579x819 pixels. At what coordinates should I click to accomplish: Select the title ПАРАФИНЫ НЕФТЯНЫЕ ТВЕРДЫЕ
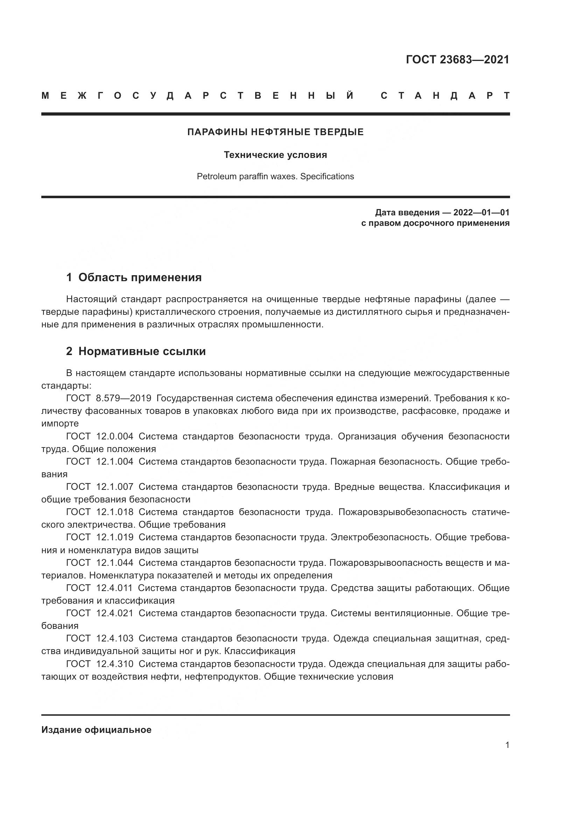[x=275, y=132]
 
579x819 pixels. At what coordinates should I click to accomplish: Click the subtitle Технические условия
[x=275, y=155]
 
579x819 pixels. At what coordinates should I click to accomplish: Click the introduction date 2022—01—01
[x=481, y=213]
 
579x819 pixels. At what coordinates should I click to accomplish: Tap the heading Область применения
[x=140, y=278]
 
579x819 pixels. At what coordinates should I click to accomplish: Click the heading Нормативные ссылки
[x=142, y=352]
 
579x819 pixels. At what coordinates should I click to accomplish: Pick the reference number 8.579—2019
[x=124, y=398]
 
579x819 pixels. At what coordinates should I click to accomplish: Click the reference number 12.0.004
[x=115, y=436]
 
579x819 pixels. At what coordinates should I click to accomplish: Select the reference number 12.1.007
[x=115, y=487]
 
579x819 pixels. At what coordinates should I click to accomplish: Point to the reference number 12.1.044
[x=115, y=563]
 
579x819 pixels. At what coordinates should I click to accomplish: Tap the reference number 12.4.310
[x=115, y=664]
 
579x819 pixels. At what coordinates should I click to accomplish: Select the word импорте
[x=60, y=424]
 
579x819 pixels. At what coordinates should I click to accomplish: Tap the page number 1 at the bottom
[x=507, y=745]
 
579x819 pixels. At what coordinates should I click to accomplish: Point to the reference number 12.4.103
[x=115, y=639]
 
